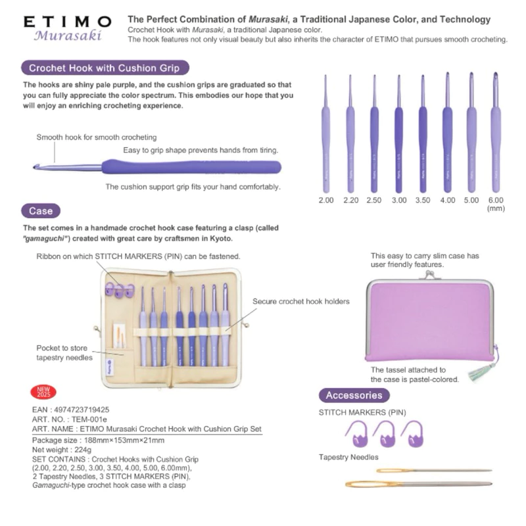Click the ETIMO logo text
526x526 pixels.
tap(67, 21)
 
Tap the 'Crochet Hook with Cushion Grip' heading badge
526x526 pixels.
tap(105, 68)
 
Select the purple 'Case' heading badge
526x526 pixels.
tap(41, 211)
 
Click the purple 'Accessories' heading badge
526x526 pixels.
tap(354, 395)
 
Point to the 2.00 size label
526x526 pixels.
tap(325, 200)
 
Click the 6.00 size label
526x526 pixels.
tap(496, 200)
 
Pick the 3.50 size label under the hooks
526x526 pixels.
tap(423, 200)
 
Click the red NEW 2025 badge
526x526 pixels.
tap(44, 393)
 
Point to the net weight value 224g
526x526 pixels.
tap(78, 450)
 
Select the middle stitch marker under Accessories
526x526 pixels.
tap(383, 434)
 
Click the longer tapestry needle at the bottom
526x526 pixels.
tap(418, 485)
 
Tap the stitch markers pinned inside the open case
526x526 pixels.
tap(116, 287)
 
